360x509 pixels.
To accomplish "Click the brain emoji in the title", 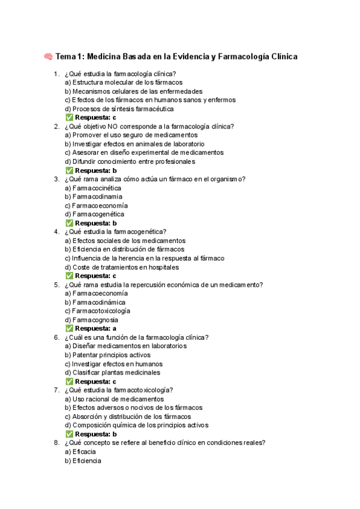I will [48, 57].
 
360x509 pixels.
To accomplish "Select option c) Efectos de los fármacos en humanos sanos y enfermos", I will [150, 100].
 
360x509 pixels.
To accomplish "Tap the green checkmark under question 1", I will [68, 118].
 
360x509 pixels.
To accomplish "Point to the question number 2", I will [56, 126].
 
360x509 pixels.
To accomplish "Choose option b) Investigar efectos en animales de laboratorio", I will [134, 144].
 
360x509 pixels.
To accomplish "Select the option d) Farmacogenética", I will [95, 214].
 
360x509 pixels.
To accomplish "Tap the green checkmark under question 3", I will [68, 223].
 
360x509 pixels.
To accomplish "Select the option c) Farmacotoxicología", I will [98, 311].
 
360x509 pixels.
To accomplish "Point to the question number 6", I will [56, 337].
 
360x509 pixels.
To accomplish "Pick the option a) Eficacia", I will [80, 451].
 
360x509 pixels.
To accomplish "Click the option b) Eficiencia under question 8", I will [83, 460].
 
